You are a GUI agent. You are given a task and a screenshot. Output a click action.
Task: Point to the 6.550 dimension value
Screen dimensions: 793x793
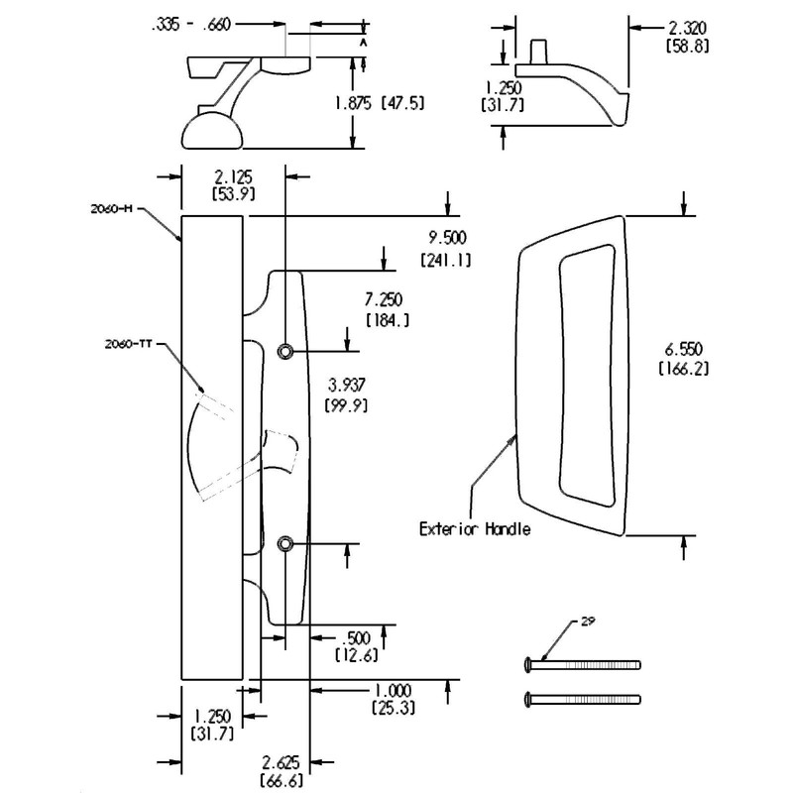pos(682,350)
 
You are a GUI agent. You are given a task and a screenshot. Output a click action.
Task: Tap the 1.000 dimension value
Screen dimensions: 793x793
pos(395,691)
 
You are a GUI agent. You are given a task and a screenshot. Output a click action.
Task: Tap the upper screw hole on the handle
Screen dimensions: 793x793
pos(285,351)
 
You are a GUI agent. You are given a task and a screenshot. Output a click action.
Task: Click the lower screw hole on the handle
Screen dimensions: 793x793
pos(285,543)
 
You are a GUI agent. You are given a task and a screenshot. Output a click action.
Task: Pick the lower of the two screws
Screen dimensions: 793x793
pos(581,699)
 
